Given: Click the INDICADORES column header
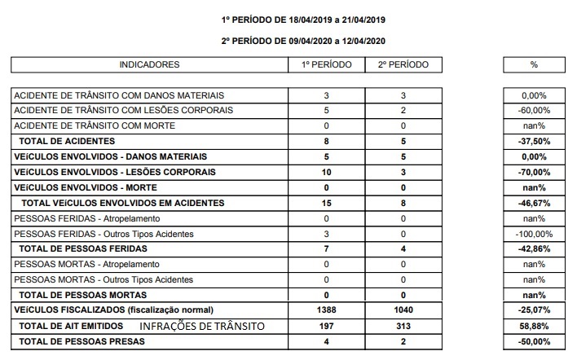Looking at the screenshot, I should tap(149, 64).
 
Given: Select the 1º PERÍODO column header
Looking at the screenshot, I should tap(326, 64).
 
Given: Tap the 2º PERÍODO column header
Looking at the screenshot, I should tap(403, 64).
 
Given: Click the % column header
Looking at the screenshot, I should tap(535, 64).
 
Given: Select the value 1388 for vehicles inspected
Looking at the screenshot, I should tap(326, 310).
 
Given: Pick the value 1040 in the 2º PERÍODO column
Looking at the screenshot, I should tap(403, 310).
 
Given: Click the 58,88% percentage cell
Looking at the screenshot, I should tap(535, 326).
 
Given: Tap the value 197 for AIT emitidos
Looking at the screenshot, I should tap(326, 326).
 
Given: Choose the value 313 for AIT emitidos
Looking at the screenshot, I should tap(403, 326).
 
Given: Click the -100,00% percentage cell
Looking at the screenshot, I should tap(535, 234).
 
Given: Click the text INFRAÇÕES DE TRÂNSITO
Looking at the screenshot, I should tap(203, 326).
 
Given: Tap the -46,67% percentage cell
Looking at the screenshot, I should tap(535, 203).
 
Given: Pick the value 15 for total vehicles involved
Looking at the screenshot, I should tap(326, 203).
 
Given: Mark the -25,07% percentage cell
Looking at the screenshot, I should tap(535, 310).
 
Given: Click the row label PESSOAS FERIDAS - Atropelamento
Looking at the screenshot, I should tap(86, 218).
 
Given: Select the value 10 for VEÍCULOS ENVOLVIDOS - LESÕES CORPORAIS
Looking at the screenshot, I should tap(326, 172).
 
